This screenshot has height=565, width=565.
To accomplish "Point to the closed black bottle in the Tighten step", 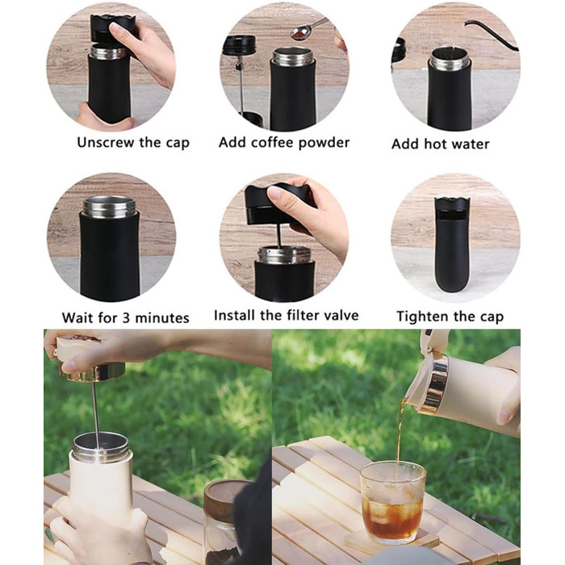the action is point(452,245).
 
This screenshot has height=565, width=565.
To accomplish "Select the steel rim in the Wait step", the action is point(109,207).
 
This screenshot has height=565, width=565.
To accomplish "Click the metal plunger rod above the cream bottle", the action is point(95,414).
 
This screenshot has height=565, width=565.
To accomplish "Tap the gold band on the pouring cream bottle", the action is point(434,383).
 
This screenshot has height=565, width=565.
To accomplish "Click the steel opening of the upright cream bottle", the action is point(101,447).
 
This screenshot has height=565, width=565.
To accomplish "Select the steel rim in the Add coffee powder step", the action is point(292,57).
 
